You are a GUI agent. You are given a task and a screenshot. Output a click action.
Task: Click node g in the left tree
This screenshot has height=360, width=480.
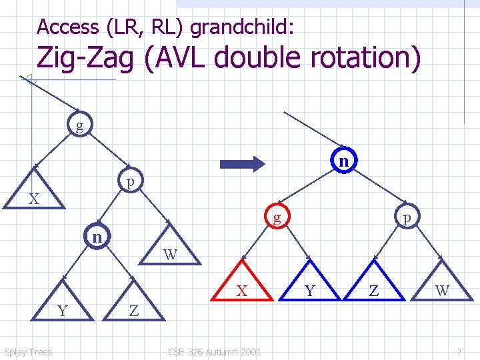click(80, 125)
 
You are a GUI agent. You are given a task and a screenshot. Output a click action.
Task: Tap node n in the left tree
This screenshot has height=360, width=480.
click(97, 237)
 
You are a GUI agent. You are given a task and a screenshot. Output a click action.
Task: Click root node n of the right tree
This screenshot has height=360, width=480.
click(343, 161)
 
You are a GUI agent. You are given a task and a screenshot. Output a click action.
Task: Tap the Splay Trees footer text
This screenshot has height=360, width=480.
click(28, 351)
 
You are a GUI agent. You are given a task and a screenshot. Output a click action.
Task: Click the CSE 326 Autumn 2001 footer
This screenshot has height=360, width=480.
click(215, 351)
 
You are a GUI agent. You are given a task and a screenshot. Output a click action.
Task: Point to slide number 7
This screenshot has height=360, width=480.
click(459, 351)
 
